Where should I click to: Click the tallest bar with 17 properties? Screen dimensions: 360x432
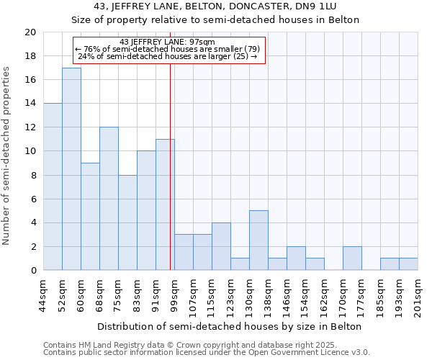click(71, 169)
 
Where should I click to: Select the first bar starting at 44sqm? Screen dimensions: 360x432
click(53, 186)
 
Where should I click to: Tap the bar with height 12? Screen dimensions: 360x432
click(109, 199)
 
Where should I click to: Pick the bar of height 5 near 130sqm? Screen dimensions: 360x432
click(258, 240)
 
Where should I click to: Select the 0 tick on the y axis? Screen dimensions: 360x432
click(32, 271)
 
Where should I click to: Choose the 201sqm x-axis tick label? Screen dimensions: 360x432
click(418, 297)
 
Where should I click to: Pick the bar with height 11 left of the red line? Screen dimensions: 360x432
click(165, 204)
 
